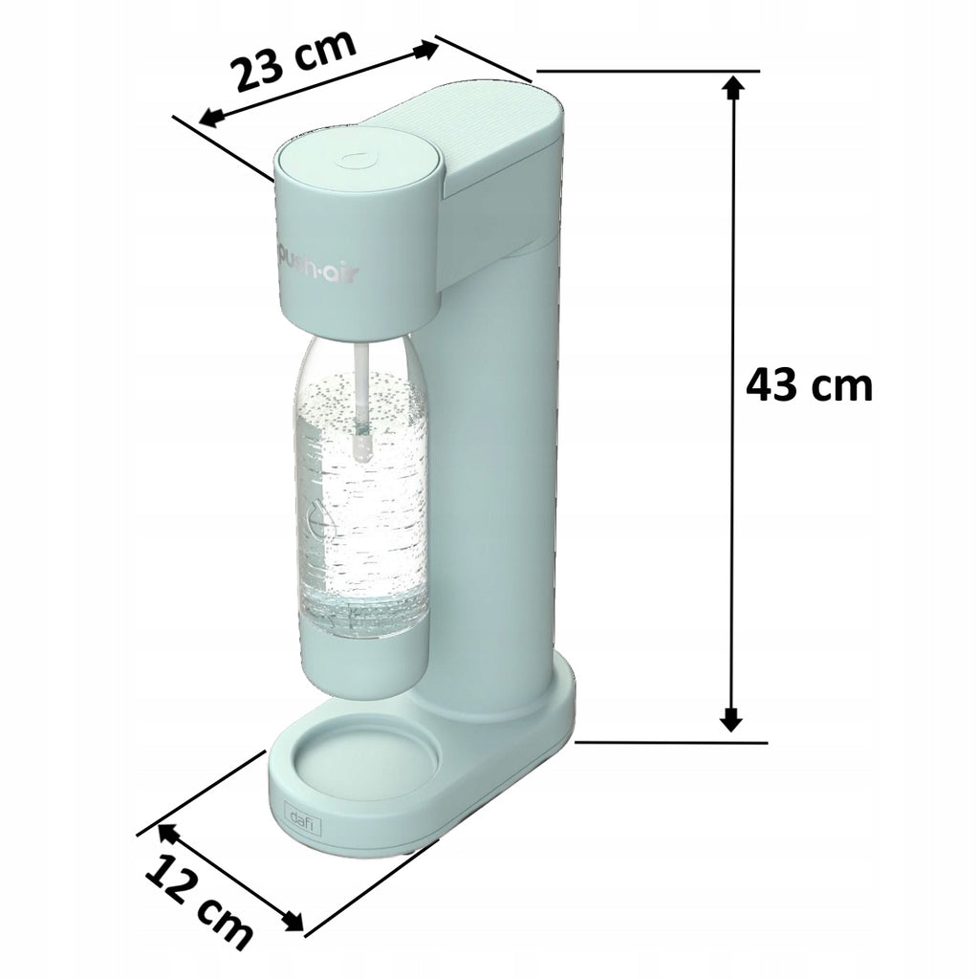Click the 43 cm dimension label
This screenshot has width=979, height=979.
(x=809, y=385)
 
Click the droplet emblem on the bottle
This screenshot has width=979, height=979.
(x=321, y=517)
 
